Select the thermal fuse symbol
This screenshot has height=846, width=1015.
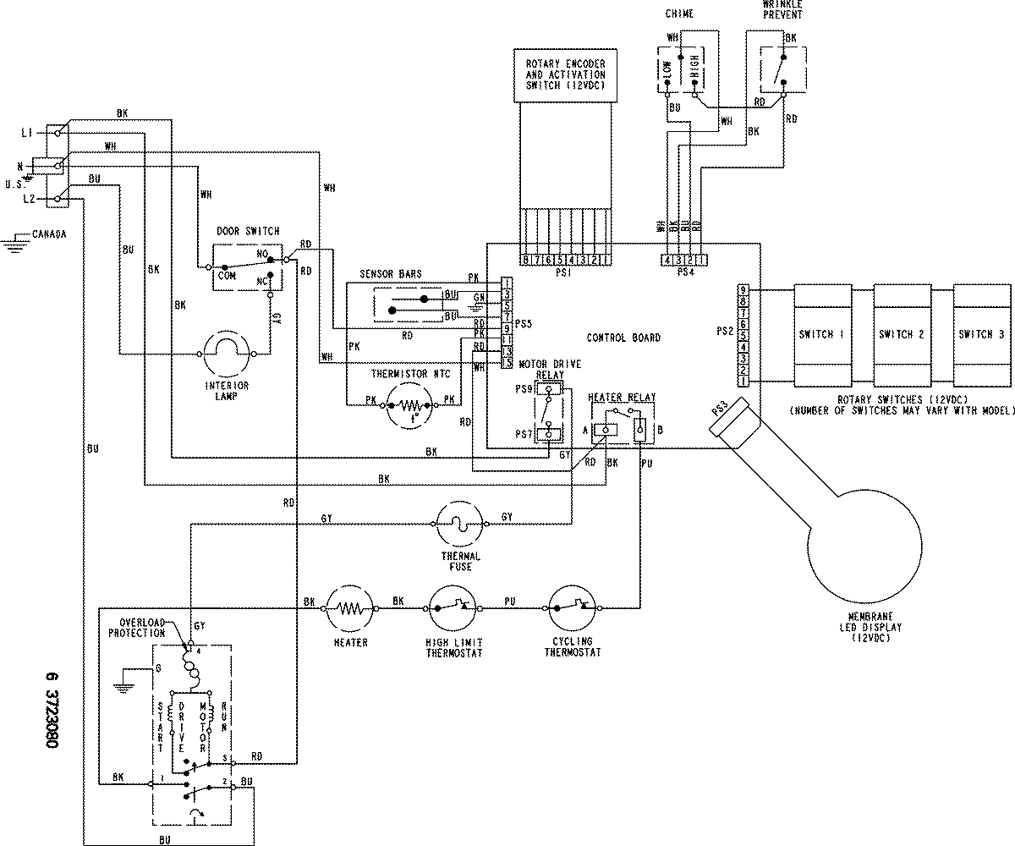tap(459, 523)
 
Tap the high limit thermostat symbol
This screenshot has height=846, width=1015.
tap(455, 607)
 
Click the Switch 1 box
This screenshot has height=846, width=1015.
tap(820, 334)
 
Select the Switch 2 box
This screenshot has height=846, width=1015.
tap(902, 334)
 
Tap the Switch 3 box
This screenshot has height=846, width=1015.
tap(981, 334)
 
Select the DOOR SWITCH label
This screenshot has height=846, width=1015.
tap(248, 232)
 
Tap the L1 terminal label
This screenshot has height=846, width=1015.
tap(28, 134)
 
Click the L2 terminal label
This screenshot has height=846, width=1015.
tap(28, 198)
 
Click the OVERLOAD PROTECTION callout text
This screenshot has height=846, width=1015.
tap(142, 628)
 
